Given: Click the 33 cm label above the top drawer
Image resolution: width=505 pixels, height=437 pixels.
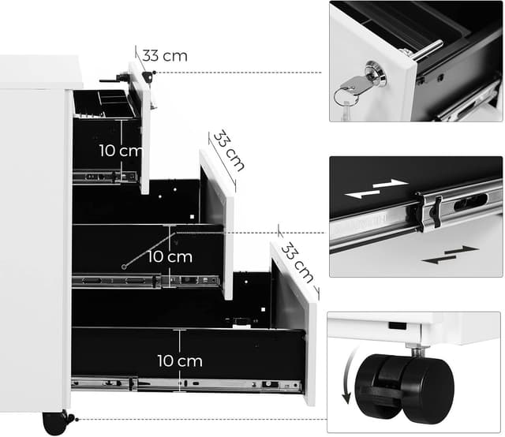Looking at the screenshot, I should (x=165, y=56).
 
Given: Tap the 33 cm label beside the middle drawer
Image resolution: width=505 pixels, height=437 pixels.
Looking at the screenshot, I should (x=229, y=150).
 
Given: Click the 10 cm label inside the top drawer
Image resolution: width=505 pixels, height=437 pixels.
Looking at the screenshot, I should (x=121, y=150).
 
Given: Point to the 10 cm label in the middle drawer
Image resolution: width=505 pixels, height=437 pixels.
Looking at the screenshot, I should (x=170, y=256).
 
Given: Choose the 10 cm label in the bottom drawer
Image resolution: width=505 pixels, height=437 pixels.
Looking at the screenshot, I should (x=179, y=360).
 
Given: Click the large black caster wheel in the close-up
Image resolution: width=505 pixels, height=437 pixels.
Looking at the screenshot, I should (x=402, y=387).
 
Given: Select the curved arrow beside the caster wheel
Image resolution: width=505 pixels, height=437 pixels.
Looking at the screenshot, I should (x=348, y=381).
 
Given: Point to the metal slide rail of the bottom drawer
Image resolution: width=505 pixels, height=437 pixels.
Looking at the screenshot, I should (x=213, y=385).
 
